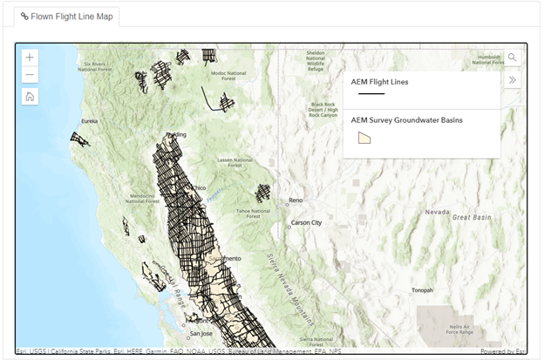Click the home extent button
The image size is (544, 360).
[x=31, y=96]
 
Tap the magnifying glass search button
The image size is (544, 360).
[x=512, y=58]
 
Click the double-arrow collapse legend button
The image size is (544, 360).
[x=512, y=80]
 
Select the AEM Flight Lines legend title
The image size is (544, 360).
[x=379, y=82]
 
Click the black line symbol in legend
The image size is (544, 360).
[x=371, y=93]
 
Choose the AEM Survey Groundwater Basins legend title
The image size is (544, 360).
[x=406, y=120]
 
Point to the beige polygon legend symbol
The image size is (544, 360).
[x=364, y=138]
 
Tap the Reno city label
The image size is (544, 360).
[x=296, y=200]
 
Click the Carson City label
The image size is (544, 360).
[x=306, y=222]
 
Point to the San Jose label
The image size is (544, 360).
[x=201, y=333]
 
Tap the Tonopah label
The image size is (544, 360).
[x=422, y=290]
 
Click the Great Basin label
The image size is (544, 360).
[x=472, y=217]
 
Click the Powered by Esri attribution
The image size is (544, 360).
[x=504, y=351]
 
